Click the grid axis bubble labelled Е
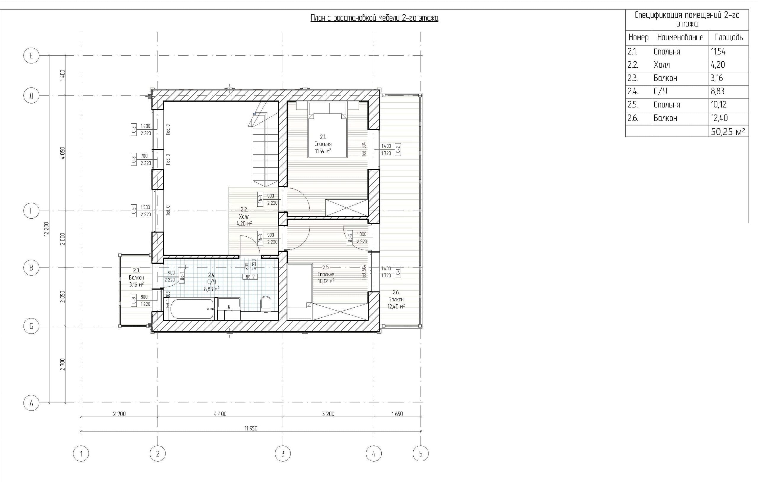31,56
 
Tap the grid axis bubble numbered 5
420,454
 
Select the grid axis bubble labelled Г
31,211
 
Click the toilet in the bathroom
266,303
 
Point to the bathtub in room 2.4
192,309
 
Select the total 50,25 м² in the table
728,131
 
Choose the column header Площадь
728,37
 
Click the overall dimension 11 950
250,428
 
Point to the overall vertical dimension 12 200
46,229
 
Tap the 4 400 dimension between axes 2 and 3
220,414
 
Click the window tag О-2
398,149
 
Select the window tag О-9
134,300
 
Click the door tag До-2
349,237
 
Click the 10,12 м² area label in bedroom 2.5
326,281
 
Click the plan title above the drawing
374,18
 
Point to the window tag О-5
134,211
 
